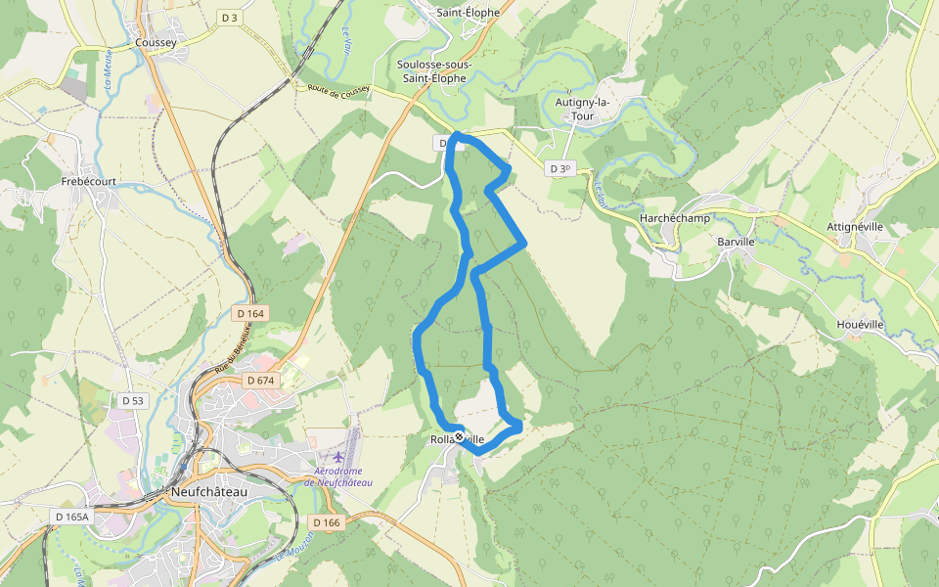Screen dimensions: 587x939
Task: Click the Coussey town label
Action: point(156,42)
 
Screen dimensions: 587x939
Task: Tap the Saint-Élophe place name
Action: point(469,13)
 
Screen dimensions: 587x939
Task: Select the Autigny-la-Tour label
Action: point(582,109)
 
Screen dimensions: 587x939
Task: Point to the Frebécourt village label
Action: point(89,182)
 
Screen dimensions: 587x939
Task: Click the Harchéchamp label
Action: point(674,217)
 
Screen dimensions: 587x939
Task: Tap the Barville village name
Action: point(736,241)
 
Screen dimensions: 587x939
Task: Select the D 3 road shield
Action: point(230,18)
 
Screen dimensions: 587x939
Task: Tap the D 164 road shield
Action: point(250,314)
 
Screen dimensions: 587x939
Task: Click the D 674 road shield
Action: point(261,380)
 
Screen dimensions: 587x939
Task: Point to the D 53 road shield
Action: point(133,401)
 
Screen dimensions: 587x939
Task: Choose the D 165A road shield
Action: point(71,516)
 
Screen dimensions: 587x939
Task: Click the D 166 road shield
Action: point(329,522)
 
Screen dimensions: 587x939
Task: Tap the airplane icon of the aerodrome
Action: point(338,457)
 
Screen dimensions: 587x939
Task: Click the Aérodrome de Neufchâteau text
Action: point(338,476)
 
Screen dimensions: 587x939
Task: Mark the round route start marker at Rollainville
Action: point(459,437)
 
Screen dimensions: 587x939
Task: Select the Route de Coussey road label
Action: point(338,91)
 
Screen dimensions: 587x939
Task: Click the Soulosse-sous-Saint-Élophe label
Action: point(434,71)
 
